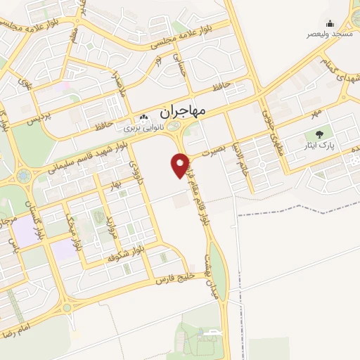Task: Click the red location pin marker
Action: point(181,165)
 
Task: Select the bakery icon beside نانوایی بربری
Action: point(144,118)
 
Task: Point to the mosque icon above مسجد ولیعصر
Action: point(330,23)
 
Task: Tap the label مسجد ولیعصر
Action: point(330,34)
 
